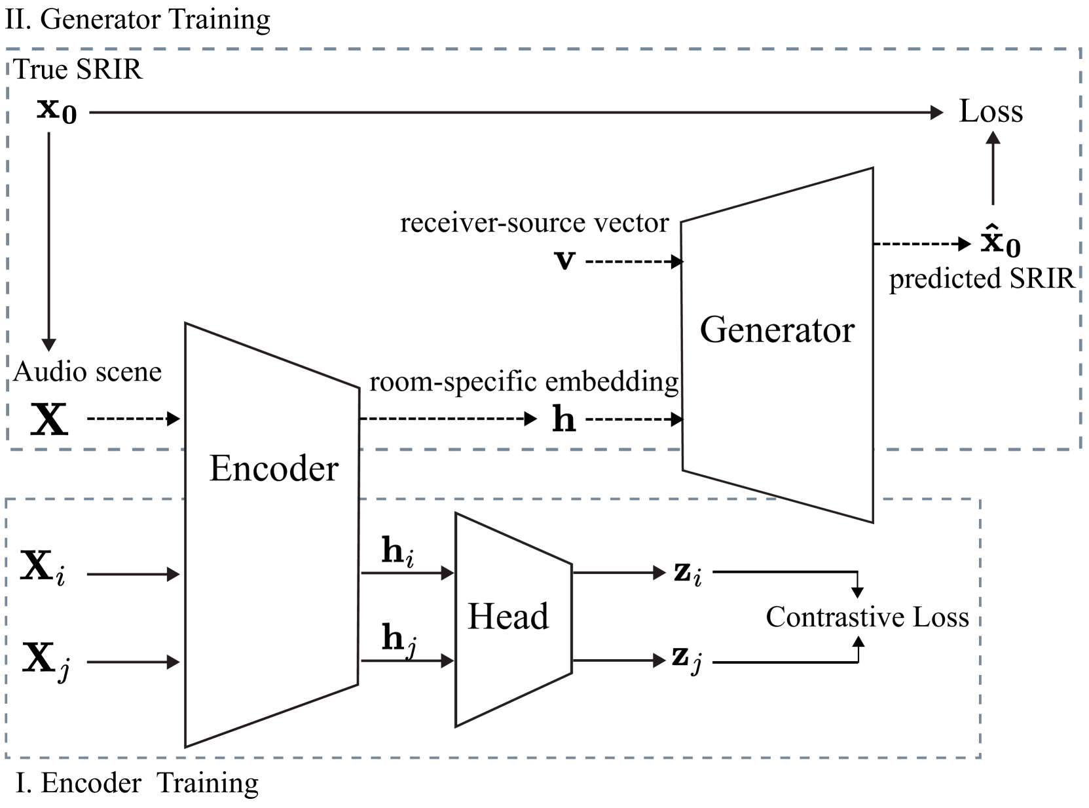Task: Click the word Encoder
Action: [273, 469]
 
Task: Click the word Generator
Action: [777, 330]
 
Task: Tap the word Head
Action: [508, 617]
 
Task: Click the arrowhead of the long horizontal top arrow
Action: [938, 113]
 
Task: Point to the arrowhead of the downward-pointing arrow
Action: [49, 345]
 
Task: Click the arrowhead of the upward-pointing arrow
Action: [993, 138]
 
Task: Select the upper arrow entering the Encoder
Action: [134, 575]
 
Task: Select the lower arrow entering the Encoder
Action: [134, 663]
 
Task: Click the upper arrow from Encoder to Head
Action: [407, 573]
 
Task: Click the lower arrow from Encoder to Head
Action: [407, 661]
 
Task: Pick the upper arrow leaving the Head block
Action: [619, 573]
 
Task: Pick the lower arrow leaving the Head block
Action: [619, 660]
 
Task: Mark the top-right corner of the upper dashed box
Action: [1080, 49]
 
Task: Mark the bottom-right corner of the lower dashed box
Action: [980, 758]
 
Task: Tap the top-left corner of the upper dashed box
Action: [8, 49]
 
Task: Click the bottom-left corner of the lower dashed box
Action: [7, 758]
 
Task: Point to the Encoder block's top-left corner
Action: [187, 325]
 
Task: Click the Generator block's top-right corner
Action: [872, 169]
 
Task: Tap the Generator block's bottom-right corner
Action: [872, 522]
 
